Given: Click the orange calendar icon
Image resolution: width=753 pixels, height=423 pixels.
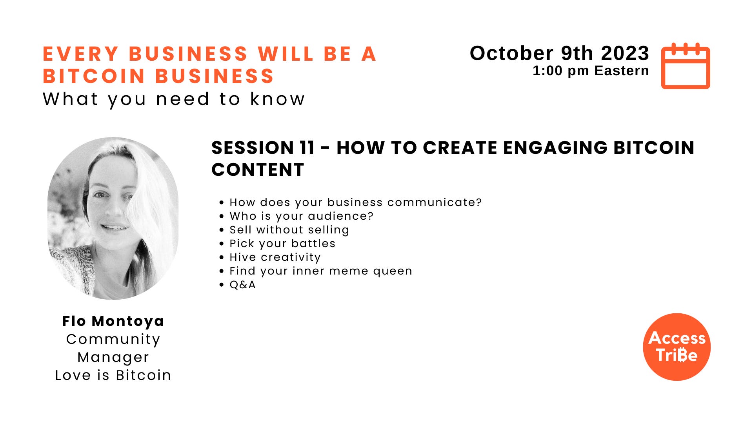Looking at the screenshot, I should point(686,66).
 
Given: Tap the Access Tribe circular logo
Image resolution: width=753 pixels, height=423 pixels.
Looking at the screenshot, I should point(677,347).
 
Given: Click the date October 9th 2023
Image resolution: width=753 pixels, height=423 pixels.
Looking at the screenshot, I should point(559,53).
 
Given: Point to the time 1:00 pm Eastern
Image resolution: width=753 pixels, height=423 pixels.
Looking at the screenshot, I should point(591,71).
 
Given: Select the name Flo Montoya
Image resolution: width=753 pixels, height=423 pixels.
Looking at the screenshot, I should point(113,321).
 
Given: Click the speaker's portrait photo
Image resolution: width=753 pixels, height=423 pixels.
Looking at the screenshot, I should point(113,218).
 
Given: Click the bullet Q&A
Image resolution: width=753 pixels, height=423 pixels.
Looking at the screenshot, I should point(242,285).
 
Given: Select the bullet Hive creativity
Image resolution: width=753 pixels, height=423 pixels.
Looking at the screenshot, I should point(275,257).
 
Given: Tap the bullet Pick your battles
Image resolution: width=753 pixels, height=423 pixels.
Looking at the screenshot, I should point(282,244).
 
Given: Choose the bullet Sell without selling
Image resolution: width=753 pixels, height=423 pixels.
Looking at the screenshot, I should point(289,230).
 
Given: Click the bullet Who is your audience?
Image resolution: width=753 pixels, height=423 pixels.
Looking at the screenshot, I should point(301,216).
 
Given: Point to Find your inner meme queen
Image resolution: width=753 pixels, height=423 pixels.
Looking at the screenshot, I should point(321,271).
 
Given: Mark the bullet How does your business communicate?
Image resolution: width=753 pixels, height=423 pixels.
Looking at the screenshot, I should point(355,202).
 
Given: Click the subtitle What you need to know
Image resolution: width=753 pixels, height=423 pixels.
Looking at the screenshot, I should point(174,99).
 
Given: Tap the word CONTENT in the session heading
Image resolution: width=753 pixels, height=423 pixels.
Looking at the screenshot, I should point(258,170).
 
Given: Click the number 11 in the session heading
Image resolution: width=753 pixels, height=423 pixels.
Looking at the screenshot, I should point(307,148).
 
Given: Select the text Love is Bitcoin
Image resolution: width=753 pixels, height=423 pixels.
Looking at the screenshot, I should point(113,375).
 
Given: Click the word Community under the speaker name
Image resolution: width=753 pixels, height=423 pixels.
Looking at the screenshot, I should point(113,339).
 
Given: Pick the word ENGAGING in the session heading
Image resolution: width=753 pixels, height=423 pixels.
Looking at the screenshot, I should point(555,148).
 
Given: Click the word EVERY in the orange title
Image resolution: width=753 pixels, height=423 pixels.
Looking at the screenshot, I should point(81,54).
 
